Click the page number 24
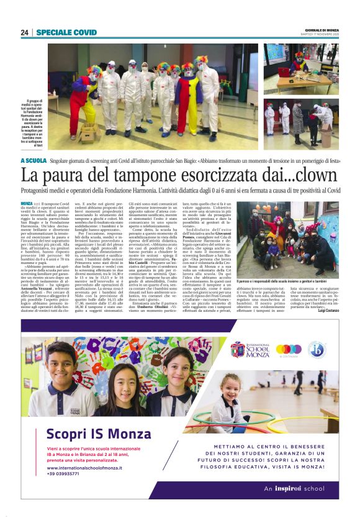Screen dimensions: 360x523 click(25, 32)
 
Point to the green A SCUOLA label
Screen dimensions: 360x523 click(34, 160)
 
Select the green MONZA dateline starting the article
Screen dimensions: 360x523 click(27, 204)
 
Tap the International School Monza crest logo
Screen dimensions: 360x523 click(238, 348)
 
